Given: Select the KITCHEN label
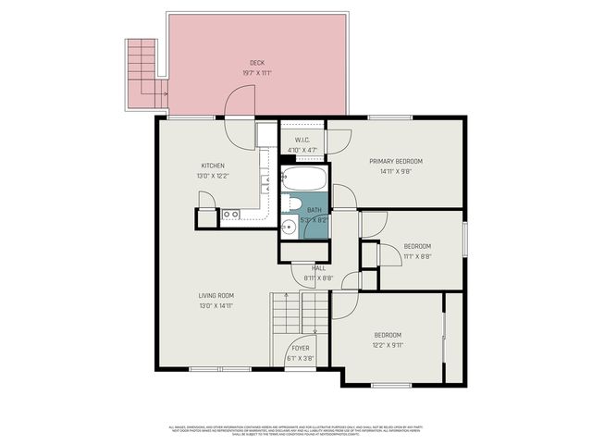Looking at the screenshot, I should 213,166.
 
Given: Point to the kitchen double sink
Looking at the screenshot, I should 230,215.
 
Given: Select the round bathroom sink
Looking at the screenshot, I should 289,225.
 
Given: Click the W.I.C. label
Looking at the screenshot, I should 302,141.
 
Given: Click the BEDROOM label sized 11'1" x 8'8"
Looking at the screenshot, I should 417,246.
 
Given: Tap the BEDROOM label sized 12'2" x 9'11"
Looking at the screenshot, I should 388,335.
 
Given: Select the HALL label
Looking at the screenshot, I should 317,268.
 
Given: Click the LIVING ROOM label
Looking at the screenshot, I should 216,296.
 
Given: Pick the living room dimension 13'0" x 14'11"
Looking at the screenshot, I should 216,305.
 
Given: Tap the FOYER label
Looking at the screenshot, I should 301,349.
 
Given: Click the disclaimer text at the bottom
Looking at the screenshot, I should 296,429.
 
